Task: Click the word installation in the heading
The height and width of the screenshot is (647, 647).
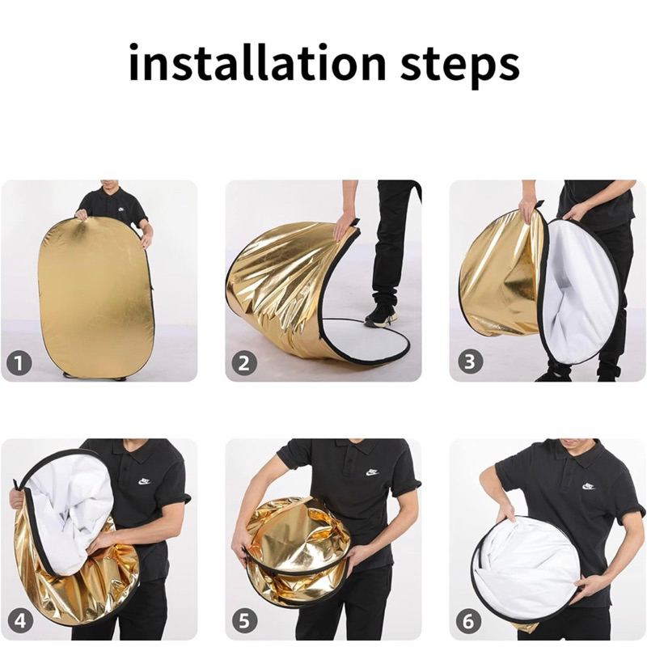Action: (257, 64)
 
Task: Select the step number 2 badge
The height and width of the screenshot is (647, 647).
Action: (243, 362)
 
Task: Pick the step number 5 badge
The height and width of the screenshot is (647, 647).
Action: (245, 621)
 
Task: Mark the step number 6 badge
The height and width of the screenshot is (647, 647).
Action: (469, 621)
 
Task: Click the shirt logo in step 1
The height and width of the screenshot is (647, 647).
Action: (121, 209)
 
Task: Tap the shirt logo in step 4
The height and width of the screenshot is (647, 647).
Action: (145, 480)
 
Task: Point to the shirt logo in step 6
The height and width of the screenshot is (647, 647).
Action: (588, 486)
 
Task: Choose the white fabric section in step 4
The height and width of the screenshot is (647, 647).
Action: (74, 512)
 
